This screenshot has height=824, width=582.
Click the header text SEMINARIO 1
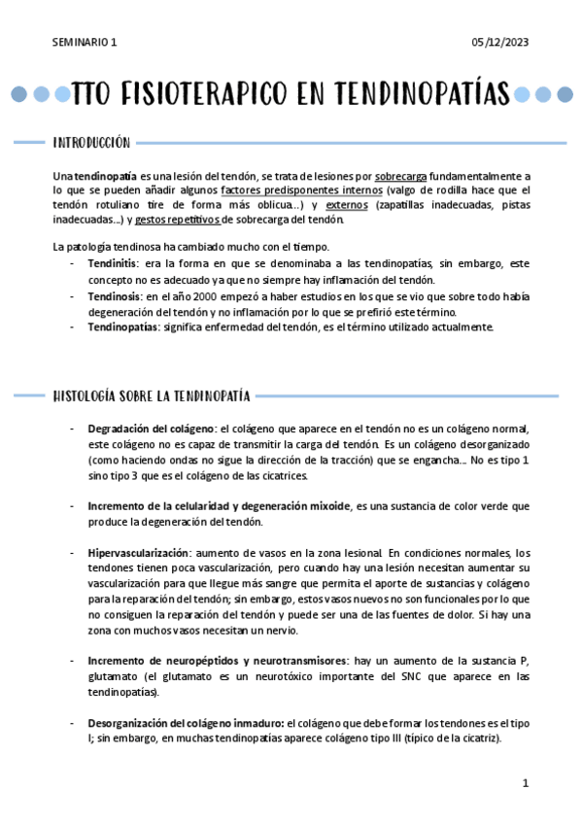point(85,42)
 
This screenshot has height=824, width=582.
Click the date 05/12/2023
point(499,42)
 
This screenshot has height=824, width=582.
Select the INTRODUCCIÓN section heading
point(91,143)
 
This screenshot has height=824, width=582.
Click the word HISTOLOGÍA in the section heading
point(86,395)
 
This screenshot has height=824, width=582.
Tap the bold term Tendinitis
point(113,263)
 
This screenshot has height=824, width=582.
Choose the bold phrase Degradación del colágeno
point(153,429)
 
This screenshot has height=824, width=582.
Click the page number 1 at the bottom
point(525,783)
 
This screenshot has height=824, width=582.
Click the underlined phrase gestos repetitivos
point(177,221)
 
